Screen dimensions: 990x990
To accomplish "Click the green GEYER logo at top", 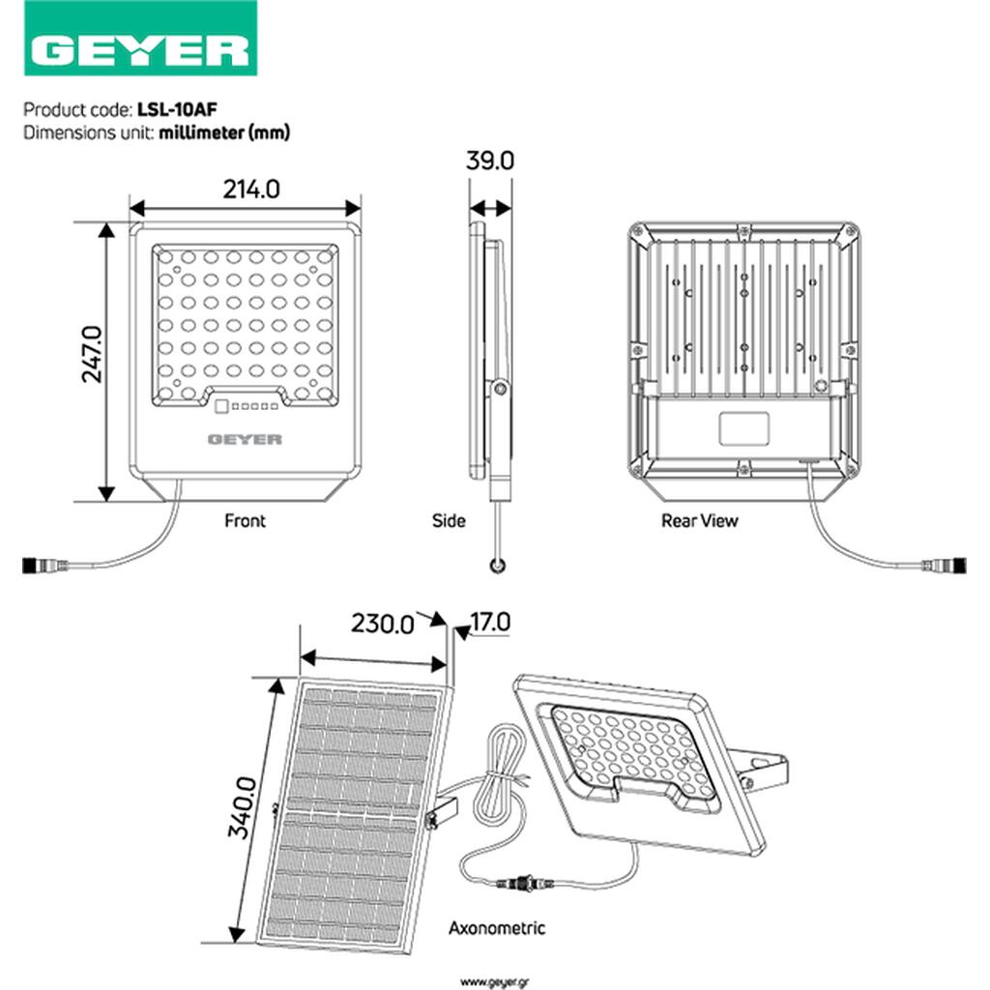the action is click(140, 38).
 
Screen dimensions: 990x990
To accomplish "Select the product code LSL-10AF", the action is click(177, 109).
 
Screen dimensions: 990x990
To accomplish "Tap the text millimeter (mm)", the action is click(224, 132).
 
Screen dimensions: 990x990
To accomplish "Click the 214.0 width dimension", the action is click(251, 189).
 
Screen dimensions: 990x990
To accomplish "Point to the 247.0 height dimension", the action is click(92, 354).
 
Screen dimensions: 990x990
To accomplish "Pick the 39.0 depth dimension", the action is click(490, 160).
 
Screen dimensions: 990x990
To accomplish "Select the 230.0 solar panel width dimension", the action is click(383, 624).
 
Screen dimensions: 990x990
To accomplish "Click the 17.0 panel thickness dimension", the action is click(490, 622).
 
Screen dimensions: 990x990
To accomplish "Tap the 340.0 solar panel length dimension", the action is click(242, 807).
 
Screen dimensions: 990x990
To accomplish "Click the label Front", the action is click(245, 521).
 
